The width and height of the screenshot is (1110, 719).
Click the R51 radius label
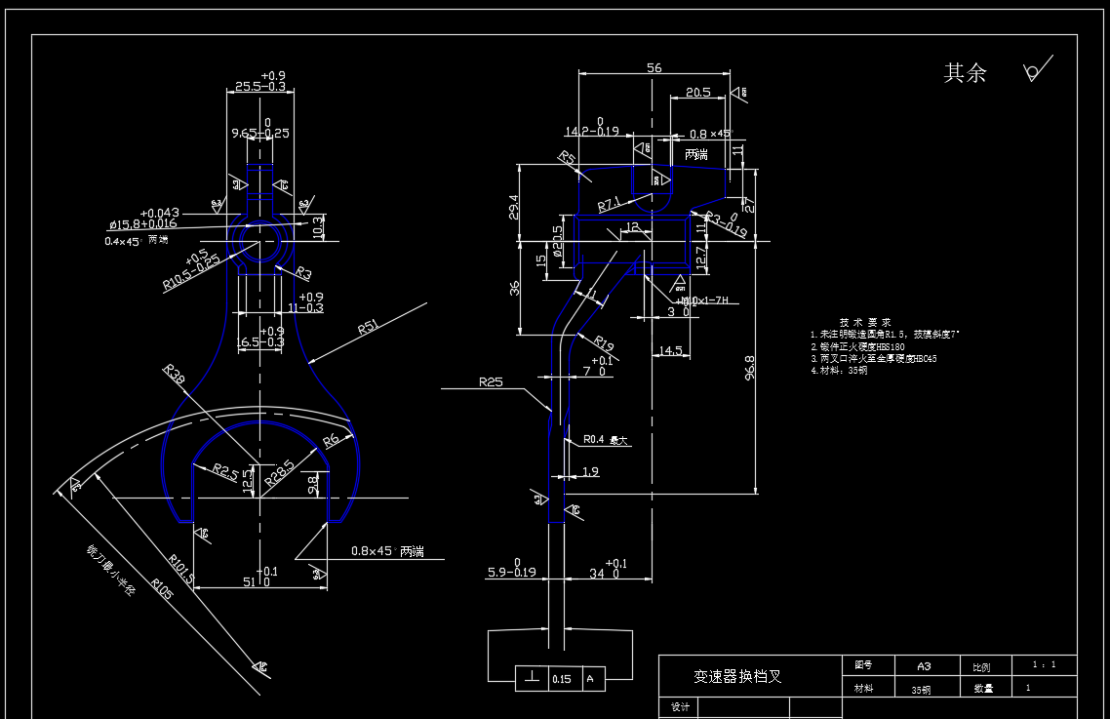click(x=368, y=327)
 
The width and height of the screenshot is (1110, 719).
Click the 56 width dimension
click(x=654, y=68)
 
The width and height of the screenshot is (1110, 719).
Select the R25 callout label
click(x=491, y=382)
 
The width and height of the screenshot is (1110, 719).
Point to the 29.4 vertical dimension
click(x=514, y=207)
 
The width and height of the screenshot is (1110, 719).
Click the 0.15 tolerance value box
click(x=562, y=679)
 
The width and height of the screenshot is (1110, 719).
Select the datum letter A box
click(x=589, y=679)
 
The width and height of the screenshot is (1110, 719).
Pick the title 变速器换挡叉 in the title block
click(x=737, y=676)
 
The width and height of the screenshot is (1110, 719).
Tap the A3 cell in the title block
click(x=924, y=665)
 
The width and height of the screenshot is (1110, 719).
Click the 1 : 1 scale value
click(x=1044, y=664)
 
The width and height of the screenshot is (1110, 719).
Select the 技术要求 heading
click(x=865, y=322)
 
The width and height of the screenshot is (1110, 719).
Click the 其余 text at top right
click(x=965, y=73)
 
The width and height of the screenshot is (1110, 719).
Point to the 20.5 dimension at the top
click(x=697, y=93)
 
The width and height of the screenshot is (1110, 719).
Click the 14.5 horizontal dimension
click(x=670, y=351)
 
